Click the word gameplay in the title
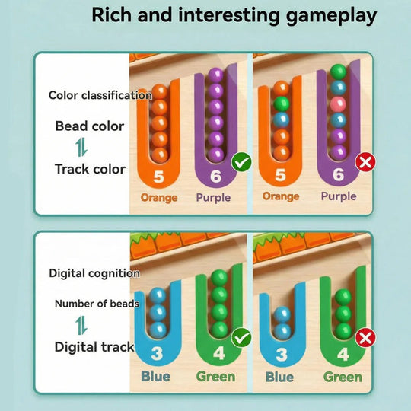point(331,16)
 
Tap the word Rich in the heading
point(111,15)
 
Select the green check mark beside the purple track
point(241,161)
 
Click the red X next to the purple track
point(365,163)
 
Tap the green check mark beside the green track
point(241,338)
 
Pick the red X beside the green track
point(365,338)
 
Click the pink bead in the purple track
point(338,104)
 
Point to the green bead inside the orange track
point(282,104)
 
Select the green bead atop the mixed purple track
point(338,72)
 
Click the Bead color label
point(90,126)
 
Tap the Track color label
point(90,169)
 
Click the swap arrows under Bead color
point(81,148)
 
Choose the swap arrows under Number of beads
point(81,325)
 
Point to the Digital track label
point(94,347)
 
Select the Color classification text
point(100,95)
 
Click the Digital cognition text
point(94,273)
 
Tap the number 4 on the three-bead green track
point(342,355)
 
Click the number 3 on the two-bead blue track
point(282,355)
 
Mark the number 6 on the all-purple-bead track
point(215,176)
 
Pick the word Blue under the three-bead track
point(155,377)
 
